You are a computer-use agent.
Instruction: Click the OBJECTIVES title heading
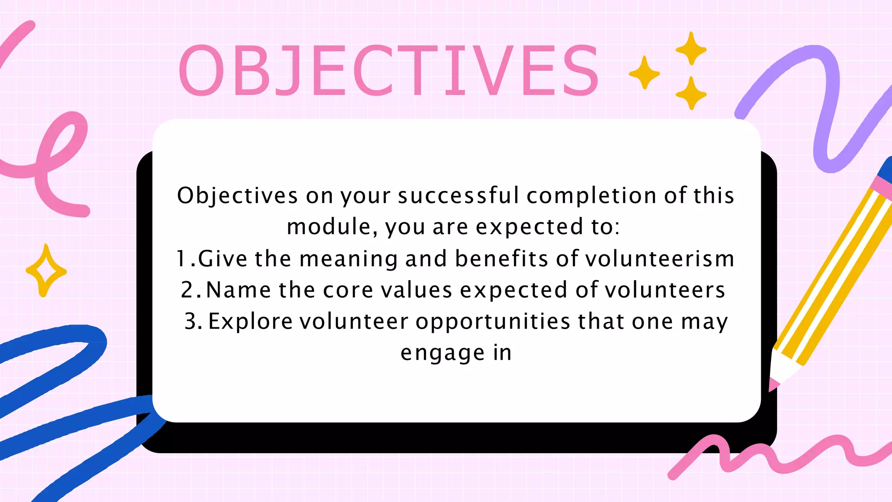tap(389, 71)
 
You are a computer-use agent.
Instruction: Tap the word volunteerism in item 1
tap(660, 258)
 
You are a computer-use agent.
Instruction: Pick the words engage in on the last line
tap(456, 353)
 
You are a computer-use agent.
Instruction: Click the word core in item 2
tap(348, 290)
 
